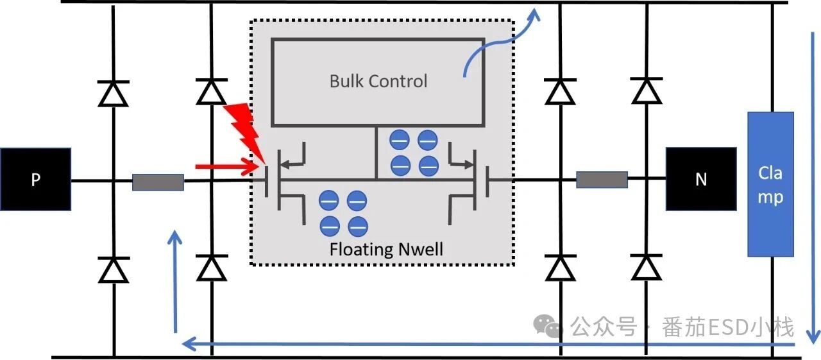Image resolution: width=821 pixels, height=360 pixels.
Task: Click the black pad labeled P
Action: point(35,180)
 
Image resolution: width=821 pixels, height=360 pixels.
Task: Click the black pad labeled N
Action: point(700,178)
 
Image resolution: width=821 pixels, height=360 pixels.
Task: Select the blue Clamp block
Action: point(770,184)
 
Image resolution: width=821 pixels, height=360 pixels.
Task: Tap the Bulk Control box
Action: point(378,81)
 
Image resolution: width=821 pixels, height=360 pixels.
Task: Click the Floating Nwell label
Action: point(386,249)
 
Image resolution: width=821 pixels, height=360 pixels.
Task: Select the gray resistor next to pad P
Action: point(158,182)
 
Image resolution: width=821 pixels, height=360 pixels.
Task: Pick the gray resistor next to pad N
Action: point(602,180)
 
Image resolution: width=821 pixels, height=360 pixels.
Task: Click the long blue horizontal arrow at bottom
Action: point(487,345)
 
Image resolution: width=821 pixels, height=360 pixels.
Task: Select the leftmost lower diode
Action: point(114,270)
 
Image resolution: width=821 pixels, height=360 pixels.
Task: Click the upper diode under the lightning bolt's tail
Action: point(211,92)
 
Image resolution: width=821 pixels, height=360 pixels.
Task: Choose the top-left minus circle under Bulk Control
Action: point(400,139)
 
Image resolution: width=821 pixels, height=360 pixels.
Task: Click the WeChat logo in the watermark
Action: point(548,326)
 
